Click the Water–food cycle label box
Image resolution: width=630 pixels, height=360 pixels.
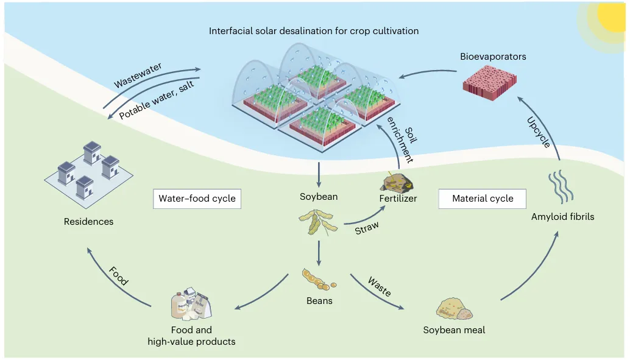pos(197,199)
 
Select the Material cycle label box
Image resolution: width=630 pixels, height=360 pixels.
pos(483,199)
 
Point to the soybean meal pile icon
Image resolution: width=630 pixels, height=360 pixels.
pos(455,308)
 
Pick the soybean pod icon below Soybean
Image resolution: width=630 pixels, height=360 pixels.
pos(316,222)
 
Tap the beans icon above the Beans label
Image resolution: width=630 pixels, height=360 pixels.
pos(317,279)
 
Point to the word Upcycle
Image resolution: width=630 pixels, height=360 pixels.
pos(538,133)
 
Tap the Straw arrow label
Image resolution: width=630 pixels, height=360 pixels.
pos(366,228)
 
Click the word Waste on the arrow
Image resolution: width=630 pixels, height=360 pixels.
pos(380,286)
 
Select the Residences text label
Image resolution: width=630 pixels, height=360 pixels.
pos(88,222)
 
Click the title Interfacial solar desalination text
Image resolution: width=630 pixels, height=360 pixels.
pos(313,30)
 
